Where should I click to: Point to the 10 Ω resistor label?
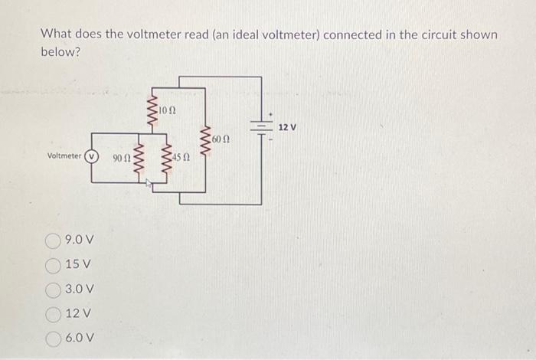click(168, 111)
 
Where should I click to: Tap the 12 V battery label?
click(287, 126)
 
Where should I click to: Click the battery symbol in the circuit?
click(262, 126)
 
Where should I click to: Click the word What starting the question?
click(55, 35)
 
